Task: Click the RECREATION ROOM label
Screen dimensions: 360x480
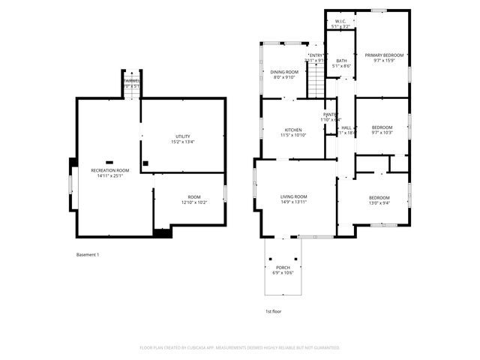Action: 110,170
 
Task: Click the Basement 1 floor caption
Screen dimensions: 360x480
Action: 88,255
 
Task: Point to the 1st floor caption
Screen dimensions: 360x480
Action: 273,311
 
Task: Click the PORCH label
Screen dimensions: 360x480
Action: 283,268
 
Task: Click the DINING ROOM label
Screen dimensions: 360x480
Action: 284,71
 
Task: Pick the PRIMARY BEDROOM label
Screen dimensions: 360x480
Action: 384,55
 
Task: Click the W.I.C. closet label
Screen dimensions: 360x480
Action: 340,21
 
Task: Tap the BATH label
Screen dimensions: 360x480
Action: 341,61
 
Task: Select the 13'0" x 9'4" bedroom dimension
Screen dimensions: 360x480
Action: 379,202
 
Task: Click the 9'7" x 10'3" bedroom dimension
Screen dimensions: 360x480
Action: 382,133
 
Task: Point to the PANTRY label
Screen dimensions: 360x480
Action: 331,114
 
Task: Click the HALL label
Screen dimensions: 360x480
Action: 346,128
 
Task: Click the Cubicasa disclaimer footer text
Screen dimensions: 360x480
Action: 240,348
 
